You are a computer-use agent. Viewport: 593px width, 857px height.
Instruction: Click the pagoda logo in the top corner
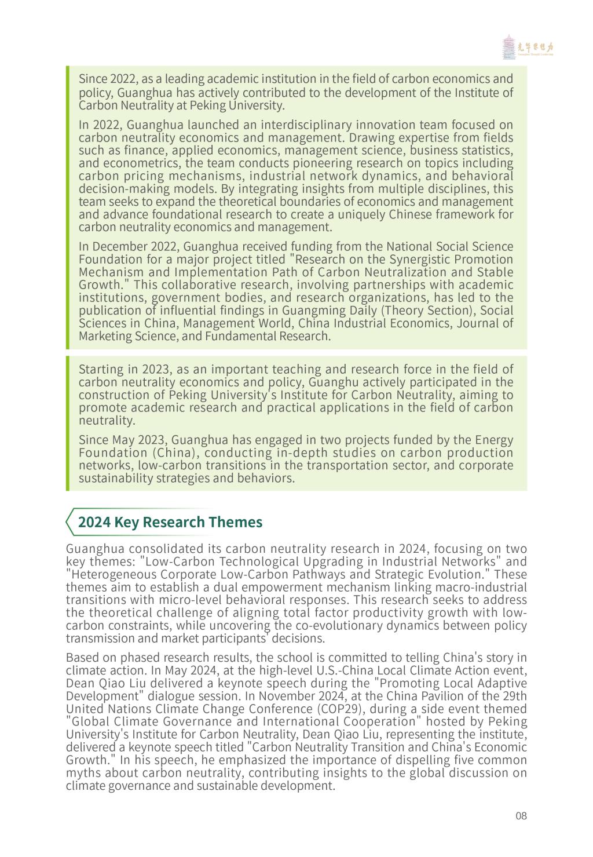click(x=508, y=47)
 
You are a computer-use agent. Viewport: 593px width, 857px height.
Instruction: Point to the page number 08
click(x=521, y=816)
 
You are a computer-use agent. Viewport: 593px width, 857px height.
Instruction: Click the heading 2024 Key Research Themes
click(x=170, y=522)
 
